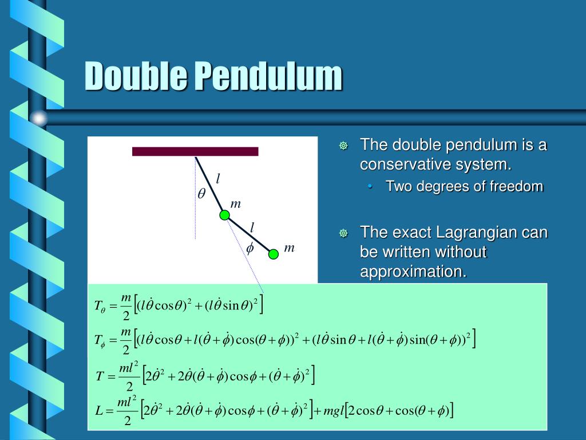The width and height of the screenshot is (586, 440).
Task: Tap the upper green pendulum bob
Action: click(x=225, y=215)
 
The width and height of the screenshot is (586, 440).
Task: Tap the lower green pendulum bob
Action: click(x=274, y=254)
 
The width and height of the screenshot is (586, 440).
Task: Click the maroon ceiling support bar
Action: click(x=195, y=151)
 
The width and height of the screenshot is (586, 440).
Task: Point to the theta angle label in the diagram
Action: click(x=201, y=194)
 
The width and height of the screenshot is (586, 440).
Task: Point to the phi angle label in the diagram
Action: click(x=250, y=248)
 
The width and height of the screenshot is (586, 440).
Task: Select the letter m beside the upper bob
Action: click(x=235, y=204)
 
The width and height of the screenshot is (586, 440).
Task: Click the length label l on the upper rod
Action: click(x=217, y=179)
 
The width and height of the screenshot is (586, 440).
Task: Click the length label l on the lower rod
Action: click(x=251, y=227)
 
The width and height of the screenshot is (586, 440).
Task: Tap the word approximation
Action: click(x=413, y=272)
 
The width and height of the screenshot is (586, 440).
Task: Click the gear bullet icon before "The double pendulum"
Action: click(x=343, y=146)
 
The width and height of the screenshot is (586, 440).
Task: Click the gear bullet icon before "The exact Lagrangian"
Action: click(x=343, y=234)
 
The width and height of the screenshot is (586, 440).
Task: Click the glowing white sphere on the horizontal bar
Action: click(x=39, y=119)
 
